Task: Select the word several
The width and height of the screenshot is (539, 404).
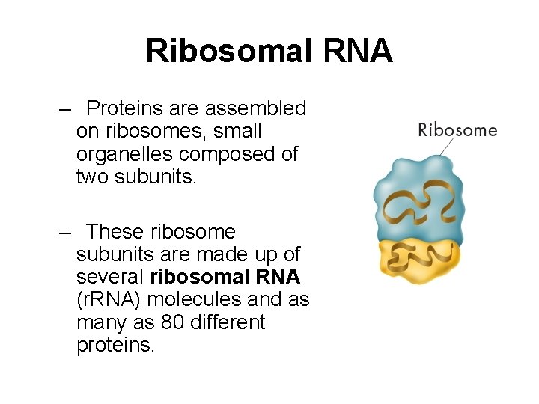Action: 110,277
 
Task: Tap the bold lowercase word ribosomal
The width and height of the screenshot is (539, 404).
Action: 196,277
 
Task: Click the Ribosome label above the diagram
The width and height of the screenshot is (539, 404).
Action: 457,130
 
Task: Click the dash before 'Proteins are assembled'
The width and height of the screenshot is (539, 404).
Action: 64,109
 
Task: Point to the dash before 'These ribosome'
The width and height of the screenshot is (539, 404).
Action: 64,233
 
